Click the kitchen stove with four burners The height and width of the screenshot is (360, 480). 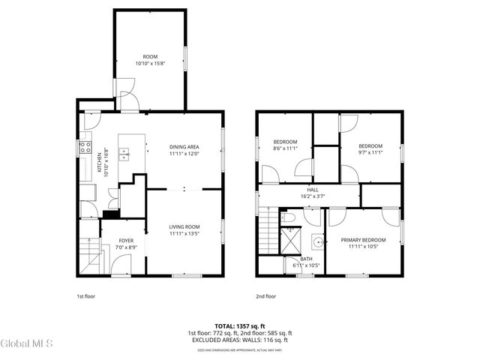pos(85,148)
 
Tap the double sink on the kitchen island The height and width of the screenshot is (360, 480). pos(124,155)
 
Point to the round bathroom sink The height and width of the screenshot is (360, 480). pos(318,242)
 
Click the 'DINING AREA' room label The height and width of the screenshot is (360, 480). pos(184,147)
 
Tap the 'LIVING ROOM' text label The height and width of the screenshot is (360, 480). pos(184,226)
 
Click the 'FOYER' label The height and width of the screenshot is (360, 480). pos(127,241)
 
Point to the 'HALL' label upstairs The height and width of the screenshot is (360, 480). pos(312,190)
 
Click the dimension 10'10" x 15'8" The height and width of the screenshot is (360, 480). pos(150,64)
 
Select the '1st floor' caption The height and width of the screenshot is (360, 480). pos(86,296)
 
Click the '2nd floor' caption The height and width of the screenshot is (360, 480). pos(265,296)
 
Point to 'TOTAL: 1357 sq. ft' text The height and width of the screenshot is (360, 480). pos(239,326)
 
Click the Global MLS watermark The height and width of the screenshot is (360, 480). pos(27,344)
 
